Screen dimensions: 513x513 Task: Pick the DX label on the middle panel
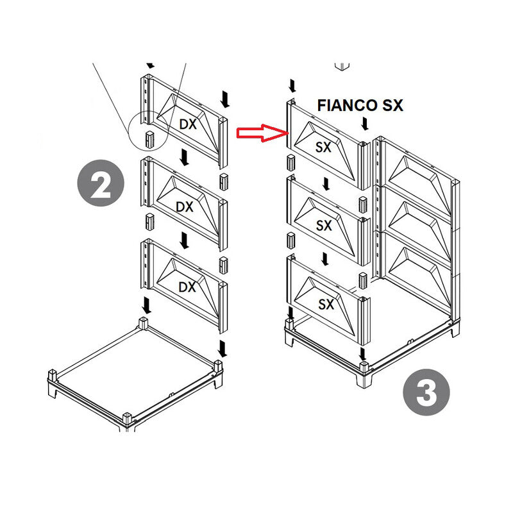[185, 206]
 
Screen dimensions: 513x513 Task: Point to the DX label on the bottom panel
[186, 287]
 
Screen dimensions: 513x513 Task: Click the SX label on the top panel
[324, 147]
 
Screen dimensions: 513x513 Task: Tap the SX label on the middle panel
[324, 226]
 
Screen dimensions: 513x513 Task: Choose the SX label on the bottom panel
[326, 305]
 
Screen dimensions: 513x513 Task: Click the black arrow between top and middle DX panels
[185, 156]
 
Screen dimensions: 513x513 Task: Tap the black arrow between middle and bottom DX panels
[185, 240]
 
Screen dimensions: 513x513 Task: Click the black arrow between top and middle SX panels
[326, 185]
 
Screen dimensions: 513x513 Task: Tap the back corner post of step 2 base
[145, 322]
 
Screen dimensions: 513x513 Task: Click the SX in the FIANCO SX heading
[390, 106]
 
